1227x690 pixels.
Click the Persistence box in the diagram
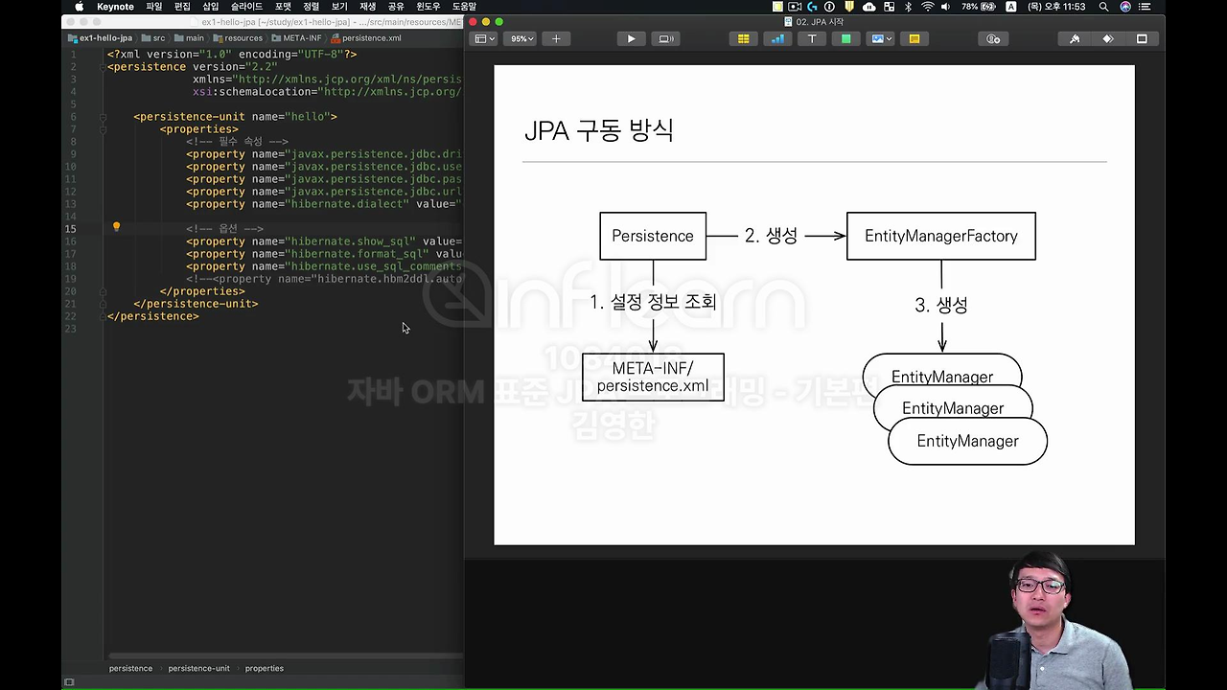[653, 236]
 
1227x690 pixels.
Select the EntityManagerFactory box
[940, 236]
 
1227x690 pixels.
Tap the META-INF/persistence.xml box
[653, 377]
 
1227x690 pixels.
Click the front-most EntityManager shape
[967, 442]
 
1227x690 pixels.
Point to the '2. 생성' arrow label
[771, 236]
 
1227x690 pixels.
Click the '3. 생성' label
[940, 305]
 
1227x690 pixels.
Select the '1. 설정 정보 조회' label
[653, 302]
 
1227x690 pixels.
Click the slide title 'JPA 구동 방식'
[599, 130]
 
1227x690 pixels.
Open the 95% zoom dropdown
[521, 39]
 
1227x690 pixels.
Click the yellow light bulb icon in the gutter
[116, 228]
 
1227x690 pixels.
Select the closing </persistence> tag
[153, 316]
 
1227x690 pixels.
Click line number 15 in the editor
[71, 229]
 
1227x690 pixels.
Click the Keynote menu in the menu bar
[115, 7]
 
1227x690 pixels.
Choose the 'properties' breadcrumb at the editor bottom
[264, 668]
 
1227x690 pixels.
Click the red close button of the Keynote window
[473, 22]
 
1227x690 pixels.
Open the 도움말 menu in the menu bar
[464, 7]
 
